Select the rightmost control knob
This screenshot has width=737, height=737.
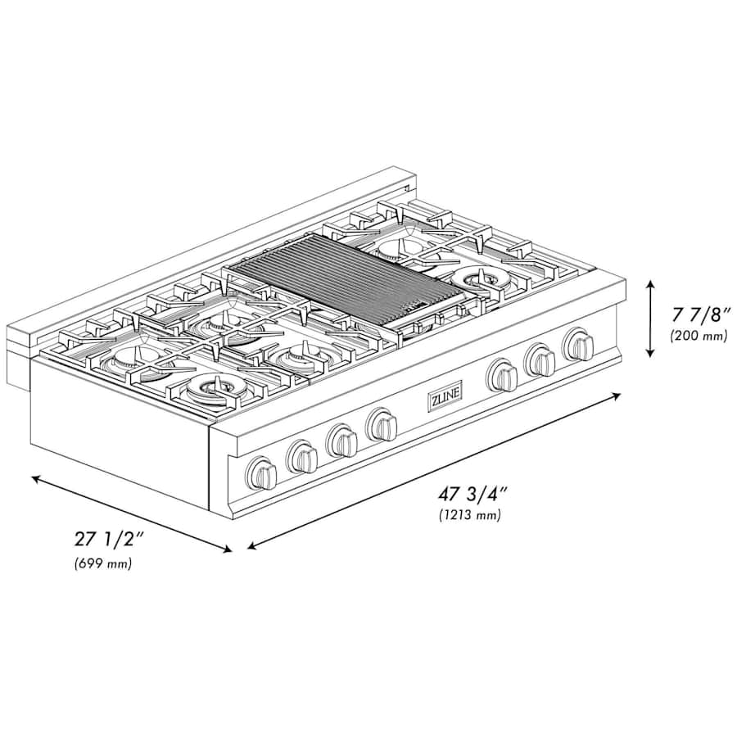tap(579, 344)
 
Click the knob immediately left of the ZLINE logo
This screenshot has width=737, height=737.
tap(382, 424)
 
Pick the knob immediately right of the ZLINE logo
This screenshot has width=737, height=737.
tap(501, 376)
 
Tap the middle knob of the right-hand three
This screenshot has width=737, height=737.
tap(540, 359)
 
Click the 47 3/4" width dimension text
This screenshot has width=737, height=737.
tap(472, 495)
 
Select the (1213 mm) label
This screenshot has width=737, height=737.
tap(469, 515)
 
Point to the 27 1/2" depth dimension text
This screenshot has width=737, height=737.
tap(108, 540)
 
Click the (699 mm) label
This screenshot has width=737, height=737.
tap(102, 563)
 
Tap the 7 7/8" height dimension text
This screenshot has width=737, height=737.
tap(698, 314)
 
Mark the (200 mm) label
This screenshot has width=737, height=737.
tap(698, 335)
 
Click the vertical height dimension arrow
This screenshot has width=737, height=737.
tap(649, 319)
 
